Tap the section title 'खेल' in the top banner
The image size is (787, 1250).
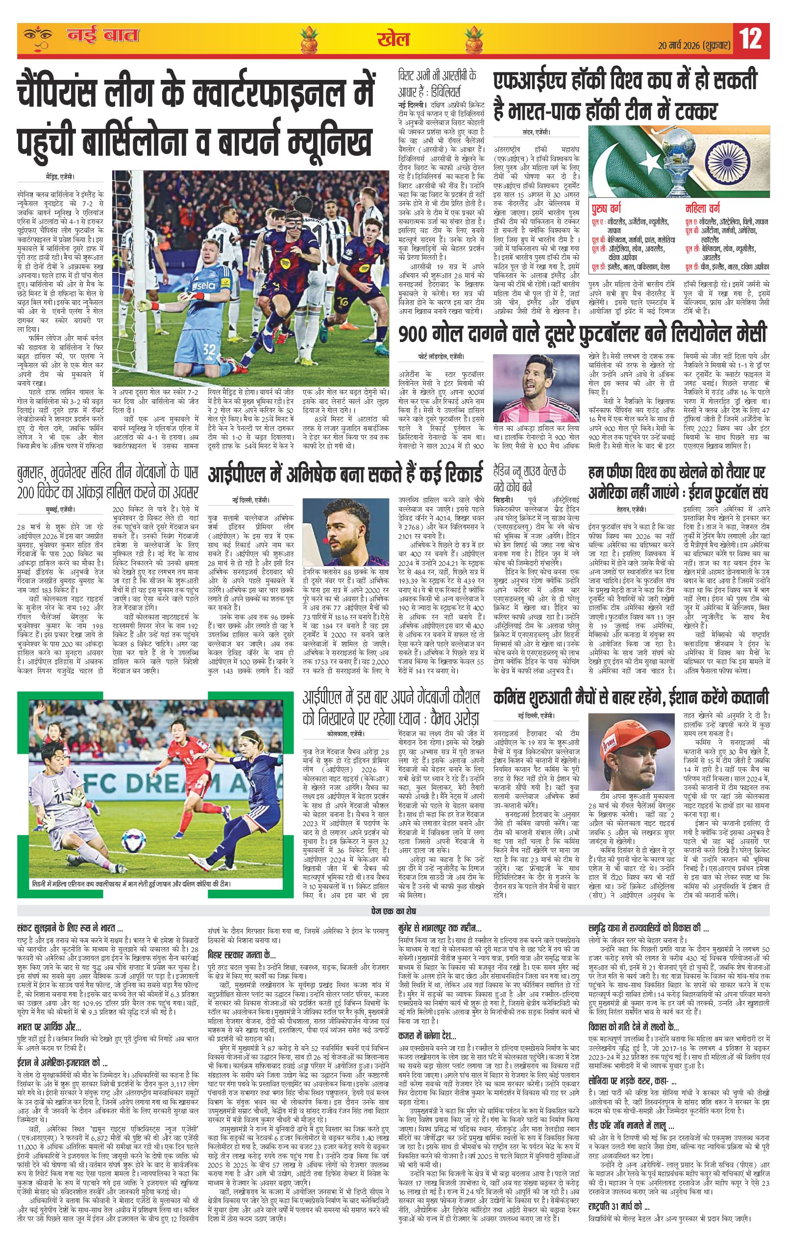393,38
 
